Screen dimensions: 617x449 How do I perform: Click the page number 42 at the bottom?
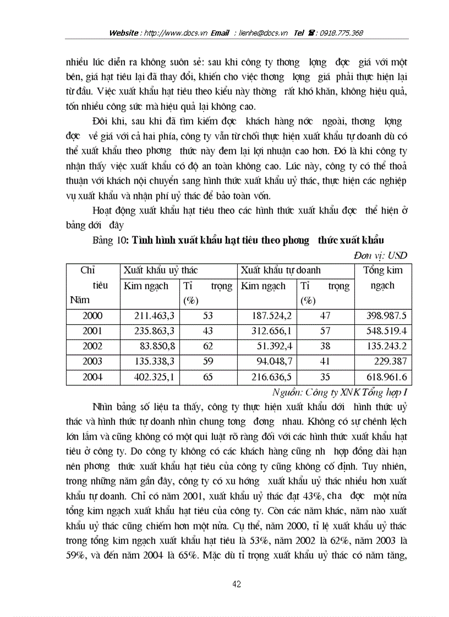pyautogui.click(x=237, y=584)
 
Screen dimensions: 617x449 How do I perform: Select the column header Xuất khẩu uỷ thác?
pyautogui.click(x=161, y=270)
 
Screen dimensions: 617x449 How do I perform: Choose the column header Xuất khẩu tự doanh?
pyautogui.click(x=281, y=270)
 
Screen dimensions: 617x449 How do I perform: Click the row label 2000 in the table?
pyautogui.click(x=92, y=316)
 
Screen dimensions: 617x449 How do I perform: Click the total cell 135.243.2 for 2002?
pyautogui.click(x=387, y=347)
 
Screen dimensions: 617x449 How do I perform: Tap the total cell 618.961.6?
pyautogui.click(x=387, y=377)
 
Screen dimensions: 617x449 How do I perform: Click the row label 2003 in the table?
pyautogui.click(x=92, y=362)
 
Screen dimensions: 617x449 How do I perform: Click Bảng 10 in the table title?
pyautogui.click(x=106, y=240)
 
